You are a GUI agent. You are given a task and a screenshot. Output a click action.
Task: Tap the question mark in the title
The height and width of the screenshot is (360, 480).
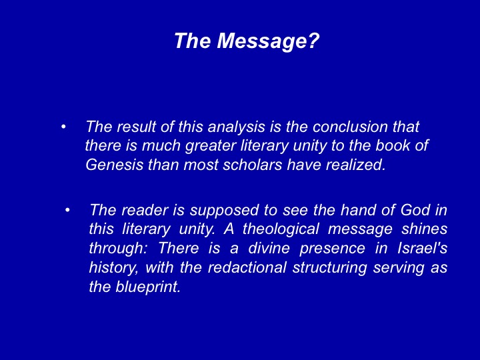pyautogui.click(x=313, y=40)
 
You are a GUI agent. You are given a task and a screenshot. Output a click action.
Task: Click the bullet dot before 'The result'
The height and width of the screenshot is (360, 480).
pyautogui.click(x=63, y=127)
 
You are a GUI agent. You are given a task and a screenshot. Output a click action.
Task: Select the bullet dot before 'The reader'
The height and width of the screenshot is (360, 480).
pyautogui.click(x=67, y=210)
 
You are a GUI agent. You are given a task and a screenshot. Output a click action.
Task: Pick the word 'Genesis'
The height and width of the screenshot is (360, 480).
pyautogui.click(x=114, y=165)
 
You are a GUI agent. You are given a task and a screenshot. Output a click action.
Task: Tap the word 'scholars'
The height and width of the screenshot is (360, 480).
pyautogui.click(x=252, y=165)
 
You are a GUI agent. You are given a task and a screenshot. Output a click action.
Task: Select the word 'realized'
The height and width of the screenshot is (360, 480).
pyautogui.click(x=355, y=165)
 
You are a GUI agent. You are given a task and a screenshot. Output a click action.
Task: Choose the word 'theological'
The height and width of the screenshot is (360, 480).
pyautogui.click(x=281, y=229)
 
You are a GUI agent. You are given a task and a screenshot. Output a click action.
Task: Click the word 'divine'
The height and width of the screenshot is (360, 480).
pyautogui.click(x=269, y=248)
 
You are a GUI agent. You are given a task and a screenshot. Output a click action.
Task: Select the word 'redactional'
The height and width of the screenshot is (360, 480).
pyautogui.click(x=247, y=267)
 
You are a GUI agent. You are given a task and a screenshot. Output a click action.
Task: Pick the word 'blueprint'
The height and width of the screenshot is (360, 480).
pyautogui.click(x=148, y=287)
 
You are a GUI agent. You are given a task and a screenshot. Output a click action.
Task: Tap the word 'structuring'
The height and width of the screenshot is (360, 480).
pyautogui.click(x=330, y=268)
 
